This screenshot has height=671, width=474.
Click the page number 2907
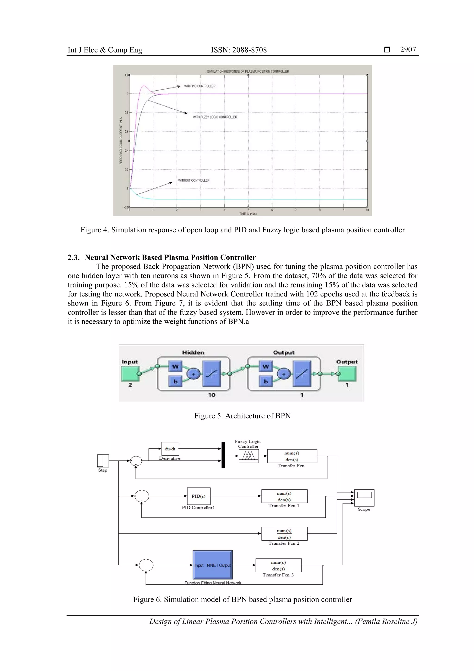pos(408,50)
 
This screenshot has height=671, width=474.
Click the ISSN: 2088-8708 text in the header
pos(239,50)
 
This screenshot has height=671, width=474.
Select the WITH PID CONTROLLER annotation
pos(200,86)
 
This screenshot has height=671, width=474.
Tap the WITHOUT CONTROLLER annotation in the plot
pos(194,180)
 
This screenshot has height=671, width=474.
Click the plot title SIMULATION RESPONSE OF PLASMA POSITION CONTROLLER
pos(248,71)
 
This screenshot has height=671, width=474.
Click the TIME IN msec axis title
pos(248,214)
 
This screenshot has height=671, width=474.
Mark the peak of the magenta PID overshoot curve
pos(144,86)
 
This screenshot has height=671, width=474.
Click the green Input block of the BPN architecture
pos(130,374)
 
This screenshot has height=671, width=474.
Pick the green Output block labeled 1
pos(347,374)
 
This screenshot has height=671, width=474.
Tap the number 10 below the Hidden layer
pos(212,395)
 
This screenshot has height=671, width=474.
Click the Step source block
pos(103,461)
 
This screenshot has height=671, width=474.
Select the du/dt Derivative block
pos(170,449)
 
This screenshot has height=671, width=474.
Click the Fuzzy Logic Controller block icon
pos(248,456)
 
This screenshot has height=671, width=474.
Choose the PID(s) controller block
pos(198,496)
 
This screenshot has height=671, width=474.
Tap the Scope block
pos(364,498)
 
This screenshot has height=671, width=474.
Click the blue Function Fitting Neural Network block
pos(212,565)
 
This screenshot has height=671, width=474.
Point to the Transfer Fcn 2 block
pos(284,534)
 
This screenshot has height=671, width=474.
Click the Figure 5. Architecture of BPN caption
pos(242,416)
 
